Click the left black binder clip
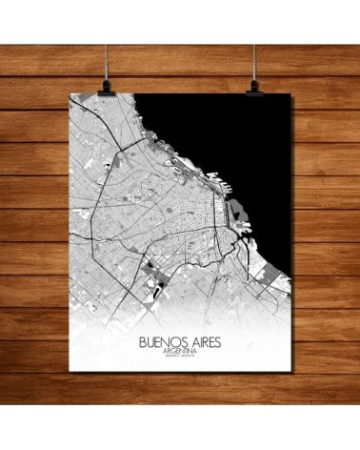tap(103, 83)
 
